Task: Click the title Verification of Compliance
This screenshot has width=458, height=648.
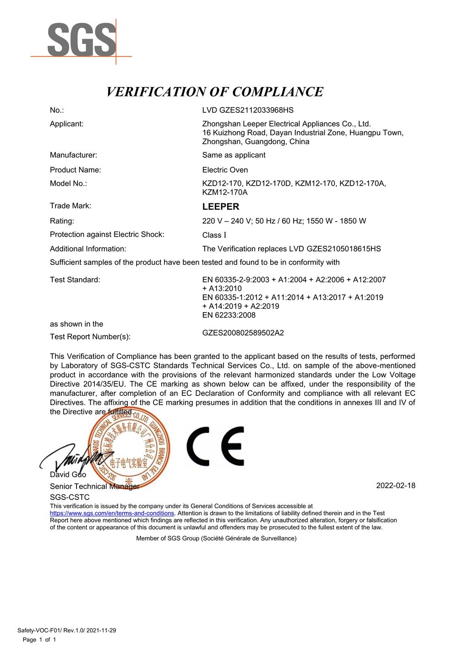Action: click(215, 92)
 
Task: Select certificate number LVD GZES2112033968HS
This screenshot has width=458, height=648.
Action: click(248, 110)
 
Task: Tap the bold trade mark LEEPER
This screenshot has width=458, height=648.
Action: click(221, 207)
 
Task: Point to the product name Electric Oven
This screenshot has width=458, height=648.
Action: click(225, 170)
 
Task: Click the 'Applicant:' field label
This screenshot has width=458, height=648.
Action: click(67, 124)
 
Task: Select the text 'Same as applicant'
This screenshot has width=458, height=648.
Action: click(234, 155)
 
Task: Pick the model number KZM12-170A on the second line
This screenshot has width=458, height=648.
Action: click(225, 192)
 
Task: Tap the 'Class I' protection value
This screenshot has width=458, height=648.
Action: click(214, 235)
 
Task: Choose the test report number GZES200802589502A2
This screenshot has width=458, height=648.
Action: click(243, 333)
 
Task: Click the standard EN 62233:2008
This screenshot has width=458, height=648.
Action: click(229, 315)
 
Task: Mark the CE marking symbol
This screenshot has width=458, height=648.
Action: click(215, 446)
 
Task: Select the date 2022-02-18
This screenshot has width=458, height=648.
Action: click(396, 485)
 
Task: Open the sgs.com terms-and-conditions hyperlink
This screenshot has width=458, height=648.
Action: click(112, 513)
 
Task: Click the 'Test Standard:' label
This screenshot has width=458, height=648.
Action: click(75, 280)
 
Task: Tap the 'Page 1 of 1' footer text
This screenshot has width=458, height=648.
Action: click(39, 640)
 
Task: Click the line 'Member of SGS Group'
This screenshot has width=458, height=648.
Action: click(216, 538)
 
